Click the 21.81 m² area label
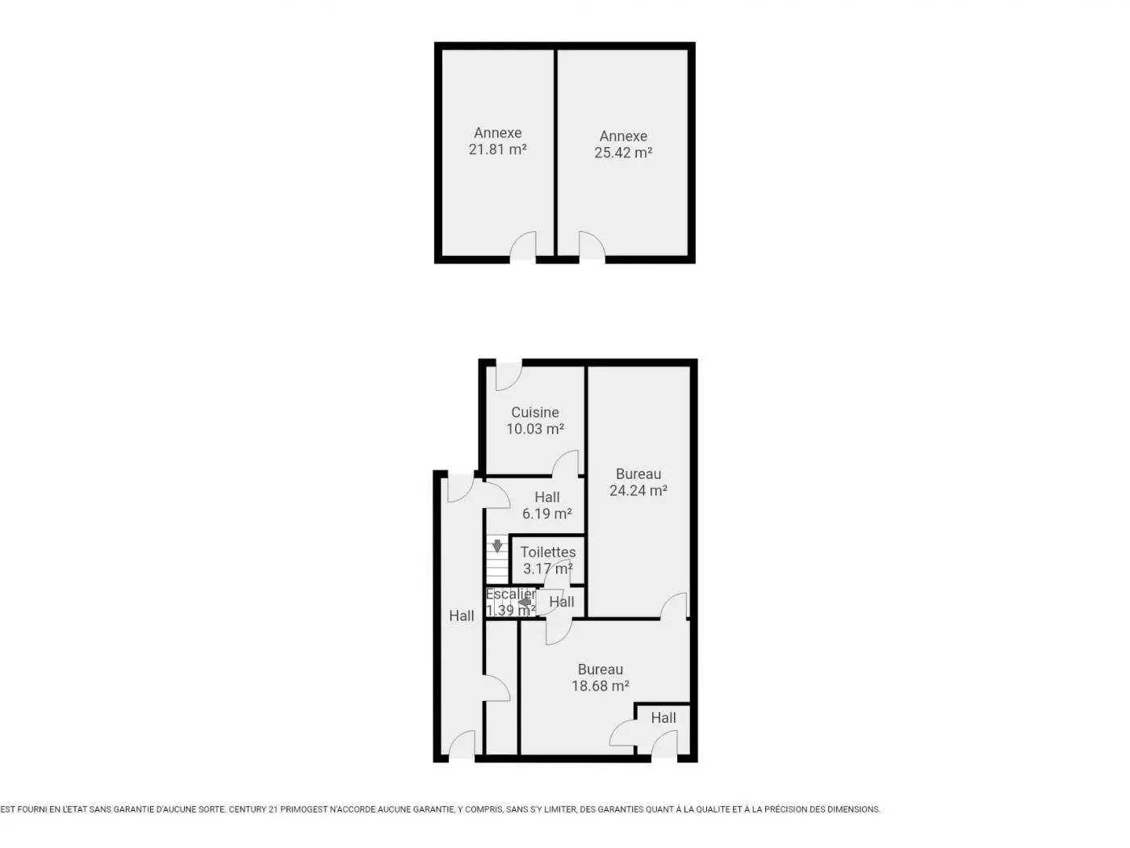[x=497, y=149]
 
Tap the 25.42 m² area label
[x=623, y=153]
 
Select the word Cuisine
[x=535, y=413]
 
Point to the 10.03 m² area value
[x=535, y=429]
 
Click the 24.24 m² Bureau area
[x=638, y=491]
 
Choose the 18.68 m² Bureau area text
[x=601, y=686]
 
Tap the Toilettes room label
[x=548, y=552]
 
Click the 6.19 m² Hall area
[x=546, y=514]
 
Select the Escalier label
[x=511, y=594]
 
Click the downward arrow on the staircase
[x=497, y=545]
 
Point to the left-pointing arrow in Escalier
[x=525, y=602]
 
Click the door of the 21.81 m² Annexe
[x=523, y=246]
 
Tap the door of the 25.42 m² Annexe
[x=592, y=246]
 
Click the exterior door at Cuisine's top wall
[x=508, y=376]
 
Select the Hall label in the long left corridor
[x=461, y=615]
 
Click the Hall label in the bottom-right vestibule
[x=663, y=718]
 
